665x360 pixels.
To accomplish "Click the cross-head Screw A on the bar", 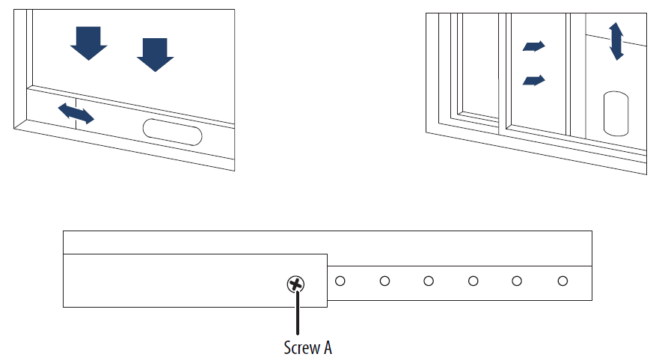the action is pos(295,284).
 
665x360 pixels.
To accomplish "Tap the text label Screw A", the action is pos(308,348).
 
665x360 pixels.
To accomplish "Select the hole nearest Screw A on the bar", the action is pos(340,281).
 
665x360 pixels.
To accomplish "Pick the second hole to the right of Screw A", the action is pos(384,281).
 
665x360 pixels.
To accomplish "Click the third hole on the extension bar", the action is pos(429,281).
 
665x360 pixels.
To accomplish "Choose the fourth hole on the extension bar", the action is pos(474,281).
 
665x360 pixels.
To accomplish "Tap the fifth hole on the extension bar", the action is pos(517,281).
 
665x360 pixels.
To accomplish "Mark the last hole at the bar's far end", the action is pos(563,281).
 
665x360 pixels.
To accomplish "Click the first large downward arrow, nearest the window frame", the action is pos(88,43).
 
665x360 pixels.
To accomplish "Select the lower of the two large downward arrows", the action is pos(156,55).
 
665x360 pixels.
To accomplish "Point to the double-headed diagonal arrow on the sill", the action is pos(76,113).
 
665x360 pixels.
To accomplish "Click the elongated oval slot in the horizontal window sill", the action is pos(172,132).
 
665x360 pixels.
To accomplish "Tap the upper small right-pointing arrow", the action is pos(533,46).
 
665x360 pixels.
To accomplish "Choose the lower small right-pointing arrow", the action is pos(533,80).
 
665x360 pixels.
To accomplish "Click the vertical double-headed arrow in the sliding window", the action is pos(616,41).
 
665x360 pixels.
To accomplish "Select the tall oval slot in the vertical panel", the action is pos(616,113).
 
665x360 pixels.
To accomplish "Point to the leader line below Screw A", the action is pos(298,313).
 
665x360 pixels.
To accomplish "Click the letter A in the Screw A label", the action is pos(328,348).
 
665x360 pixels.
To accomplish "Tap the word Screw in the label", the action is pos(301,348).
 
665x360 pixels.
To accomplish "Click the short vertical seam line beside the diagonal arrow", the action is pos(76,113).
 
